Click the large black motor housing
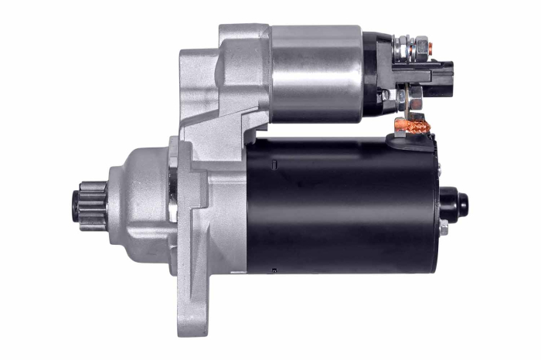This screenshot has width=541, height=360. tap(340, 205)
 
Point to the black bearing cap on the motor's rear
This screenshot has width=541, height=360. tap(456, 205)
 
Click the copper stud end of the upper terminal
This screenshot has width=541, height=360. tap(430, 48)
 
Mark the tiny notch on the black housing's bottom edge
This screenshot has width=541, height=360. tap(274, 270)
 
